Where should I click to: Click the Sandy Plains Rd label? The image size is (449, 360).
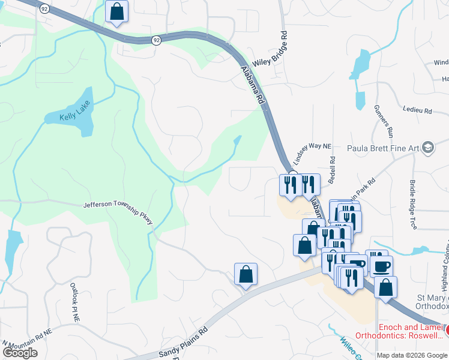pos(183,341)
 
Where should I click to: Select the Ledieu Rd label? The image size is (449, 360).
pos(419,111)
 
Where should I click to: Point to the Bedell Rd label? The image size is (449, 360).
pos(332,169)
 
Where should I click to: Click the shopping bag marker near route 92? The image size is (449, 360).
pos(116,11)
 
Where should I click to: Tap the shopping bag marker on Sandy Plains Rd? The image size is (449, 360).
pos(246,275)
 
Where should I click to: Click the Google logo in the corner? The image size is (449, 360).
pos(20,352)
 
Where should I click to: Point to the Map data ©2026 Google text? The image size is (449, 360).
pos(412,355)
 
